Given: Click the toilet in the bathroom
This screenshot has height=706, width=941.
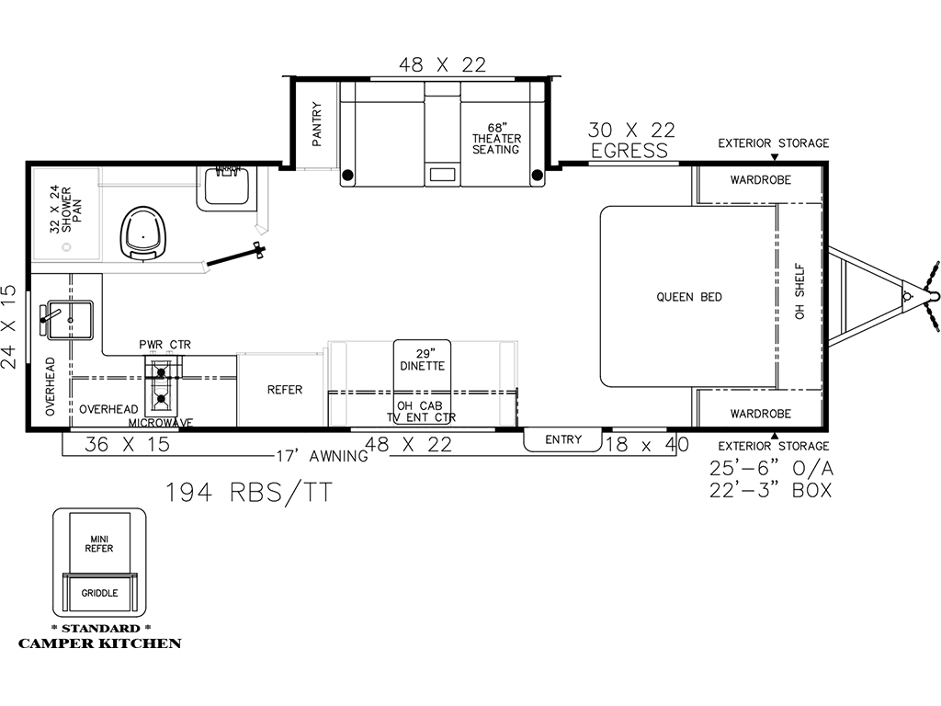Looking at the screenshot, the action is pos(143,233).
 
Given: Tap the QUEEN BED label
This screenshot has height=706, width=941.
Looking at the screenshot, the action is pos(689,297).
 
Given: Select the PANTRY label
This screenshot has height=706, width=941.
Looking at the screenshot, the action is pos(317,124).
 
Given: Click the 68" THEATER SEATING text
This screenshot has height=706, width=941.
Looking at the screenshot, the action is pos(496,139).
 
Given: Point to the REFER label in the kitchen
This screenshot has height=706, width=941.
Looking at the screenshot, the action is pos(285,390).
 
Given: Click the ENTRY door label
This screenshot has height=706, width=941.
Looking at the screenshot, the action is pos(563,439).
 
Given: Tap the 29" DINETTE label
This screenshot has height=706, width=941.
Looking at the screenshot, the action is pos(423,359).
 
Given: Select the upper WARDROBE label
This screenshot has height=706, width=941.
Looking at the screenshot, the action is pos(760,179).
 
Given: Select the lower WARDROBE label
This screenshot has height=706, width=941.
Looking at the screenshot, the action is pos(760,414).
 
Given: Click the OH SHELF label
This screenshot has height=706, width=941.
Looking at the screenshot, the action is pos(799,291).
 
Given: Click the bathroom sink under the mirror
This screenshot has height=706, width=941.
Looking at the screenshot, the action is pos(227,186).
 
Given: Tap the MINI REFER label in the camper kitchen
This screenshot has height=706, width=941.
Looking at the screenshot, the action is pos(99,544).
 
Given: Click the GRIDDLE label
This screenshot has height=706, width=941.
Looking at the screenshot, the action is pos(99,593).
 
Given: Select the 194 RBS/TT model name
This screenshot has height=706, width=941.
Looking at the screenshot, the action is pos(248,493).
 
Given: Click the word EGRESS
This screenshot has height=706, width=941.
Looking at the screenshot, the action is pos(629,151).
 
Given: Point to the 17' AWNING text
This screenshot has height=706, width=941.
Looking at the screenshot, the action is pos(323,456).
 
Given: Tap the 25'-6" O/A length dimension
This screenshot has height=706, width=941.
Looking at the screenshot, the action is pos(771,468).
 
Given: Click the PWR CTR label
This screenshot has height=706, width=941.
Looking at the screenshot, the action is pos(165,345).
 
